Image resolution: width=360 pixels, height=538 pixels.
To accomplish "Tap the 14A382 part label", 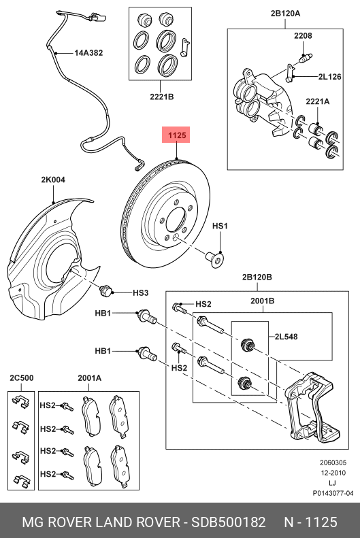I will [x=89, y=52].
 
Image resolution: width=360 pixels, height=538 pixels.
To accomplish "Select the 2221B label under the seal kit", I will [x=162, y=97].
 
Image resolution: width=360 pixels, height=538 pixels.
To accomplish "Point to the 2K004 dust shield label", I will [x=52, y=180].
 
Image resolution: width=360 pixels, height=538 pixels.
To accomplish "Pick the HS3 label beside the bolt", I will [x=140, y=292].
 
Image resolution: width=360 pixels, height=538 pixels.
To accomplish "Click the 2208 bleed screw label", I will [x=303, y=35].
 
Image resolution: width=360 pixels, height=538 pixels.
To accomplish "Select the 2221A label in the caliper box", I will [x=317, y=101].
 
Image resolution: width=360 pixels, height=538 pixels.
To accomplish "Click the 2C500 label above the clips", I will [x=21, y=378].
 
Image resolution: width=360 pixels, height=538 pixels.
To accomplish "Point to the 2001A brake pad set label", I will [x=89, y=378].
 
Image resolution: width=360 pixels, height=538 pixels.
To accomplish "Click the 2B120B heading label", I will [x=257, y=277].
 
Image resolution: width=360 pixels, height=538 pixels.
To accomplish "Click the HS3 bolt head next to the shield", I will [x=105, y=291].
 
